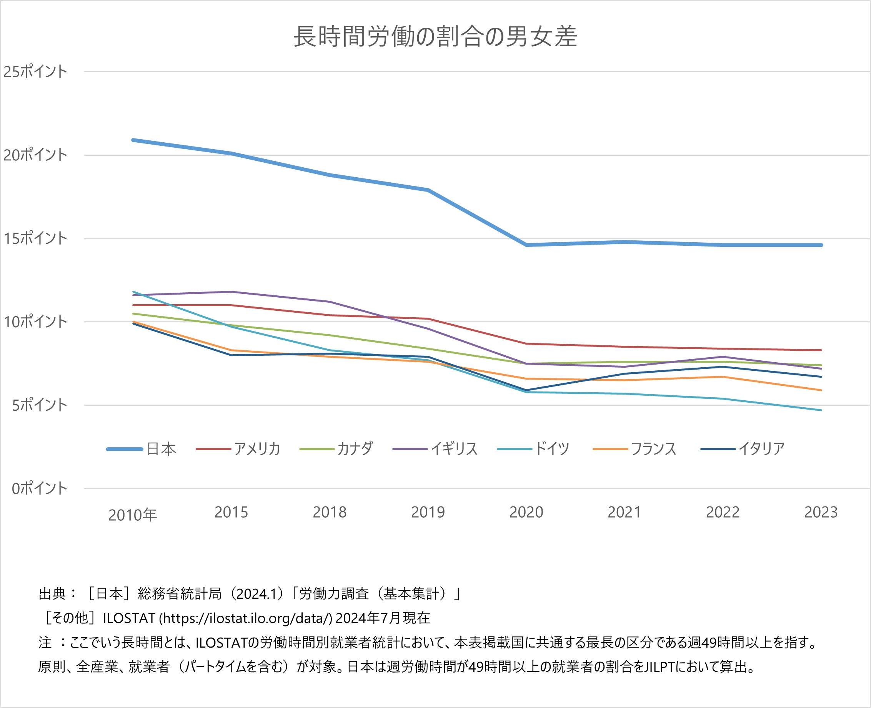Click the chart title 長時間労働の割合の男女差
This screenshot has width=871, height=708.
pyautogui.click(x=435, y=37)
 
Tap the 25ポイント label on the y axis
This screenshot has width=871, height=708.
pyautogui.click(x=35, y=72)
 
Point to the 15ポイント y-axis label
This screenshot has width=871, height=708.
pyautogui.click(x=35, y=238)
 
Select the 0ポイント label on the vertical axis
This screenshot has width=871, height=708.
pyautogui.click(x=39, y=488)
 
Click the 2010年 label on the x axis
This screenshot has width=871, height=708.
pyautogui.click(x=133, y=515)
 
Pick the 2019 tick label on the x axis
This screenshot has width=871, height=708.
pyautogui.click(x=428, y=512)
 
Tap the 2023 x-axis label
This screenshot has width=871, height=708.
pyautogui.click(x=821, y=512)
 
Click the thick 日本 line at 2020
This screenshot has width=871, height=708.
pyautogui.click(x=526, y=245)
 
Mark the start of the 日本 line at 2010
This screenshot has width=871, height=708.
pyautogui.click(x=133, y=140)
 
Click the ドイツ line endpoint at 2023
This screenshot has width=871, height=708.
pyautogui.click(x=821, y=410)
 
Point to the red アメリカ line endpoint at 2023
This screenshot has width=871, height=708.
pyautogui.click(x=821, y=350)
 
